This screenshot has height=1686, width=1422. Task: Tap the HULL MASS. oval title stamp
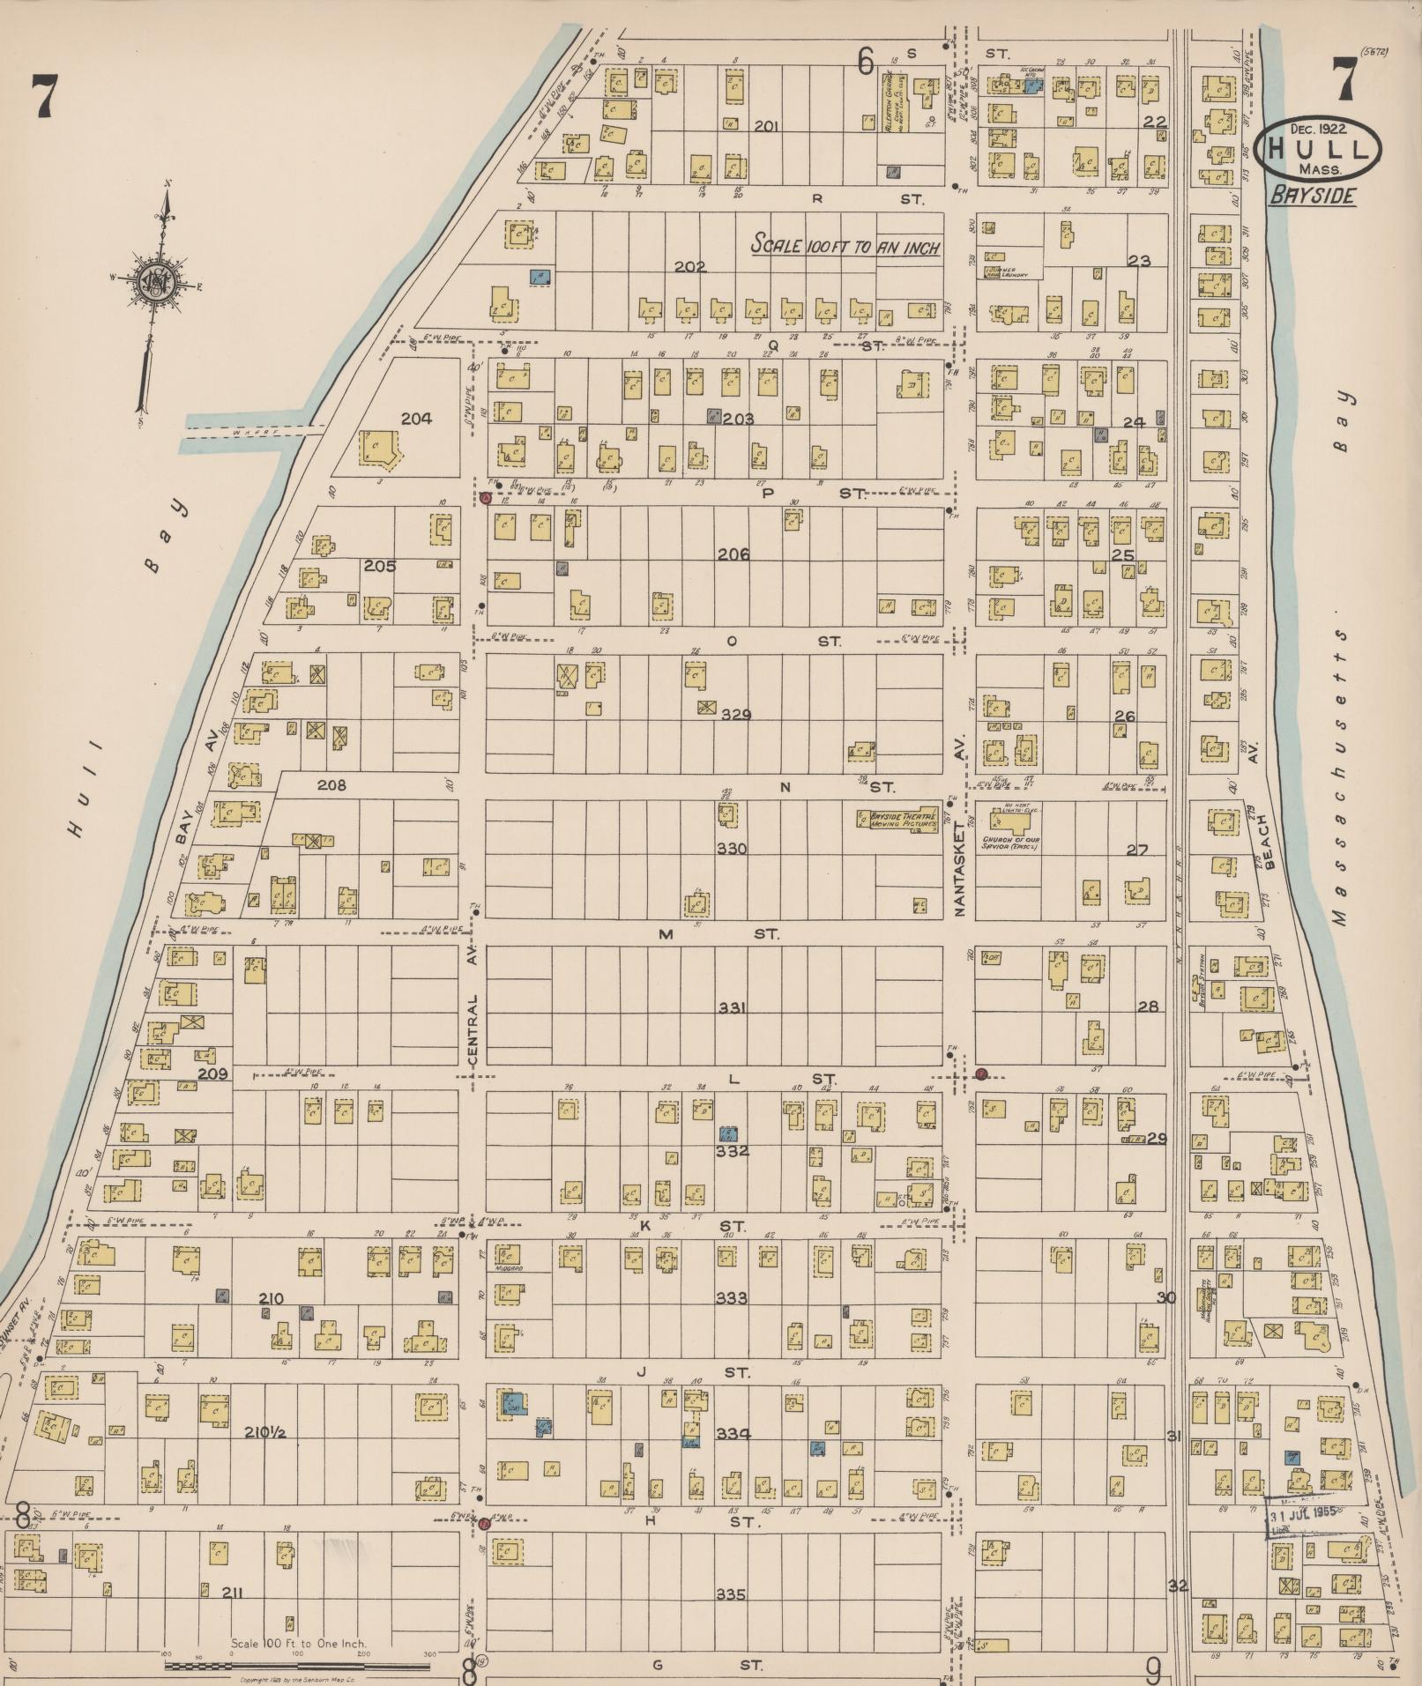click(x=1319, y=148)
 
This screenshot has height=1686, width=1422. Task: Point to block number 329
click(x=735, y=715)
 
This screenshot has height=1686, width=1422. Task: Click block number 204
click(x=416, y=420)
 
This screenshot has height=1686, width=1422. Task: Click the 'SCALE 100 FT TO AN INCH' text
click(x=845, y=247)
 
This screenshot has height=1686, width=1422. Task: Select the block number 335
click(x=731, y=1594)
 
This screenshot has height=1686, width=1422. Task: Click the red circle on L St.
click(x=980, y=1073)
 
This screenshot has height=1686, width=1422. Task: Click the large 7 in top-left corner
click(x=41, y=96)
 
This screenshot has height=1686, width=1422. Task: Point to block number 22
click(x=1153, y=122)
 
